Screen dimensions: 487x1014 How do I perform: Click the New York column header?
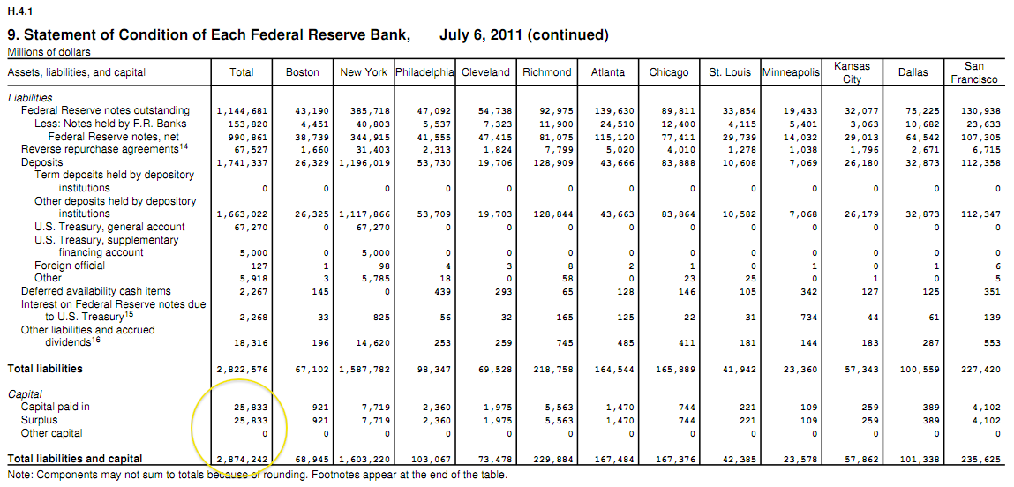point(364,72)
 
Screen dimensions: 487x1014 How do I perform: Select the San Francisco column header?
point(974,72)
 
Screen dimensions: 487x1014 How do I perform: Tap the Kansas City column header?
point(852,72)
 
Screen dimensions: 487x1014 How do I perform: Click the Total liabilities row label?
point(45,369)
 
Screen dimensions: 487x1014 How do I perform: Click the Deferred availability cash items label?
point(96,291)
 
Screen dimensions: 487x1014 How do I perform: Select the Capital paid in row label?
point(56,408)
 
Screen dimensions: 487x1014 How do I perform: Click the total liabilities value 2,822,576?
point(242,369)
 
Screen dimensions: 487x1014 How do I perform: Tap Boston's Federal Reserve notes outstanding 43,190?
point(303,111)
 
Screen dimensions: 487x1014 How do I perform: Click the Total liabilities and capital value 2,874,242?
point(242,459)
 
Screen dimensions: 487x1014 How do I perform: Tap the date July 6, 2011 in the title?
point(484,35)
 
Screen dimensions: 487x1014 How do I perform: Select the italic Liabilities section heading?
point(30,98)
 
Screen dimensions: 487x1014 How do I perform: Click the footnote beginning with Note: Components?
point(257,475)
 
